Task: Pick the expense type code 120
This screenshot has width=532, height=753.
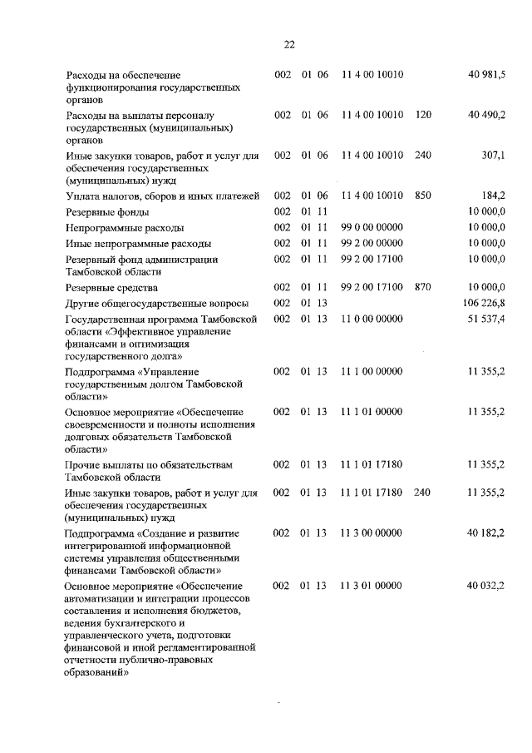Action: pyautogui.click(x=423, y=115)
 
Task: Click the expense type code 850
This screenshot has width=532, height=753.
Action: pyautogui.click(x=423, y=196)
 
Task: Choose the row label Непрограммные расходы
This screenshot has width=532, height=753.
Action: pyautogui.click(x=125, y=227)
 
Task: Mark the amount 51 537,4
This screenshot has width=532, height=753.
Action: pyautogui.click(x=487, y=319)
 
